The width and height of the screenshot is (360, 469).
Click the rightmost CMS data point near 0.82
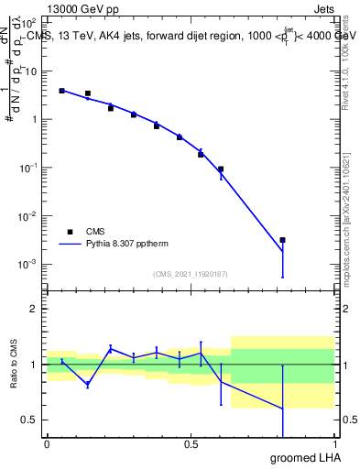click(x=282, y=240)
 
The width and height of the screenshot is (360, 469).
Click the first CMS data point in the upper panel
click(x=61, y=91)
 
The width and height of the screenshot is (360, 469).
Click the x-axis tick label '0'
click(x=47, y=444)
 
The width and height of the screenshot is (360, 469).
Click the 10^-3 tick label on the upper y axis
click(x=29, y=264)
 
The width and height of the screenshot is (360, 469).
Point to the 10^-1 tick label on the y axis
click(x=29, y=168)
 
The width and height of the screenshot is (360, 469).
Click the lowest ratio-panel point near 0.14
click(x=87, y=385)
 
